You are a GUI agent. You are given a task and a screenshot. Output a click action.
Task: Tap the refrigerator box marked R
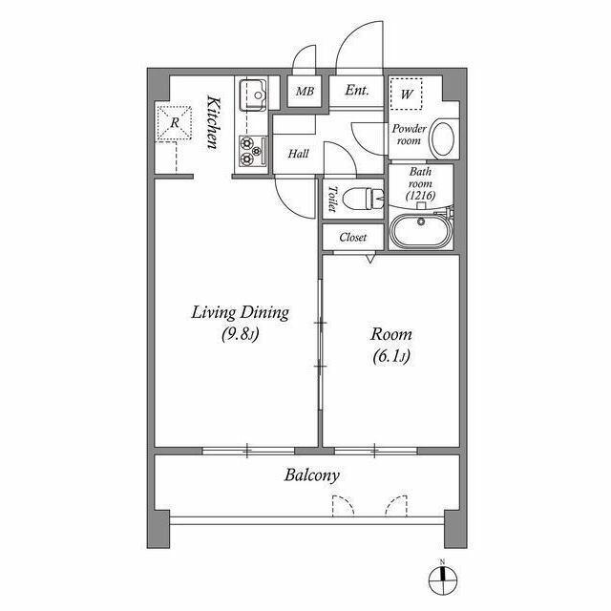pos(176,123)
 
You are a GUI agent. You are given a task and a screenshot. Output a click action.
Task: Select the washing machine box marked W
pos(406,95)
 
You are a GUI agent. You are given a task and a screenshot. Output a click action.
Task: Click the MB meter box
pos(305,93)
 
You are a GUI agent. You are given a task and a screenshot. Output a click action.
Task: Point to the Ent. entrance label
pos(357,92)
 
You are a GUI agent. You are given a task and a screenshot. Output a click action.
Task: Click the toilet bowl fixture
pos(363,198)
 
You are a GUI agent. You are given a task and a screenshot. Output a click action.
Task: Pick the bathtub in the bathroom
pos(424,233)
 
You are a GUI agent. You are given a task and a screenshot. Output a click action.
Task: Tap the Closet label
pos(353,236)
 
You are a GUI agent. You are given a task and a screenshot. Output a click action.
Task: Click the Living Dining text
pos(240,313)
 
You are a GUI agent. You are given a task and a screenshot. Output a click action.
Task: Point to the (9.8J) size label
pos(240,334)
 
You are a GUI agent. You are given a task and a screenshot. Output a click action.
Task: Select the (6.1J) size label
pos(391,357)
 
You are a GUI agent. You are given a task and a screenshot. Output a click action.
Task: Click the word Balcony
pos(311,474)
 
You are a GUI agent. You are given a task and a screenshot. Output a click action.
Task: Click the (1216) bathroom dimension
pos(420,196)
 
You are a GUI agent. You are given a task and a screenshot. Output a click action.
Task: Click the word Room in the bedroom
pos(391,335)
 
